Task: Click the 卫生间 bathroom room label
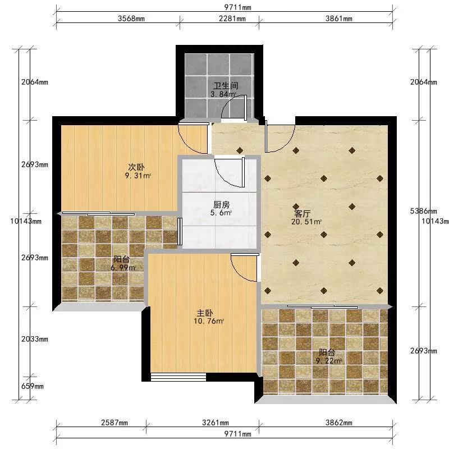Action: (226, 86)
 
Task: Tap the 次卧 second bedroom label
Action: (136, 167)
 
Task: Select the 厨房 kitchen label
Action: (221, 205)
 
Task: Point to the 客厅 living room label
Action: (303, 214)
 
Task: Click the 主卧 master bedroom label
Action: (205, 313)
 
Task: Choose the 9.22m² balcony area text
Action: (329, 361)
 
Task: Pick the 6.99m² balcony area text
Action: (123, 268)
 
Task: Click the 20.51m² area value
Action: (306, 222)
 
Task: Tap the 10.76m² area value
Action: (209, 321)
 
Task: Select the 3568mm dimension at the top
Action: (131, 19)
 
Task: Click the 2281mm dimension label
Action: (232, 19)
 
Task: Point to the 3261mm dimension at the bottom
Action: (216, 423)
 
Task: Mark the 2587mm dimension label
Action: (114, 423)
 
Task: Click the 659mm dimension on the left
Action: (33, 386)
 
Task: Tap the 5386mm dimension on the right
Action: (424, 212)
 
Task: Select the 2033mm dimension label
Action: (35, 340)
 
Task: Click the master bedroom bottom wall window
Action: (178, 377)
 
